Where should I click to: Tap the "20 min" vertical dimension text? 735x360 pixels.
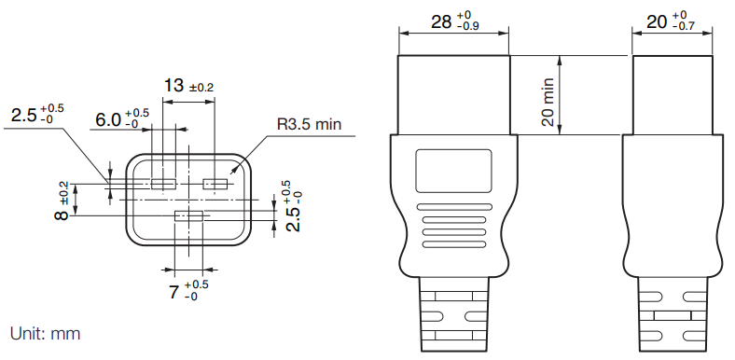[548, 103]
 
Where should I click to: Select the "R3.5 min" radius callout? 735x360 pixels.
[310, 125]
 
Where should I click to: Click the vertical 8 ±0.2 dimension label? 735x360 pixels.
[62, 201]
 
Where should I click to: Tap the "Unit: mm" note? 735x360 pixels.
[45, 334]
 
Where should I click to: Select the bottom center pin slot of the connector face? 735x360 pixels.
[188, 216]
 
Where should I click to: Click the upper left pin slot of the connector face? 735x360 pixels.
[163, 184]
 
